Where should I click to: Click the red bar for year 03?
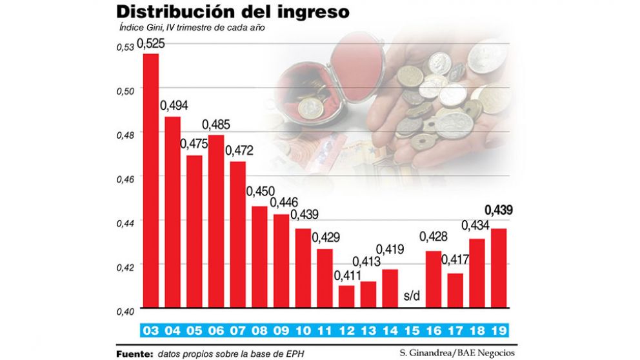tap(150, 181)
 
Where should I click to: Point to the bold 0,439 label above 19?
tap(499, 211)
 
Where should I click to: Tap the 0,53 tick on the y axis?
tap(125, 46)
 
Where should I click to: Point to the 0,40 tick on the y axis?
tap(125, 311)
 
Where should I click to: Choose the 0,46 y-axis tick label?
tap(125, 179)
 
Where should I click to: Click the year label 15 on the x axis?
tap(412, 332)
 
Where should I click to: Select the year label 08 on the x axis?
tap(259, 332)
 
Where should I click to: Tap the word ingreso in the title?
tap(315, 13)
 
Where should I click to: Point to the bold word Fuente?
tap(134, 354)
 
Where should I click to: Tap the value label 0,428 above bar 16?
tap(434, 237)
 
